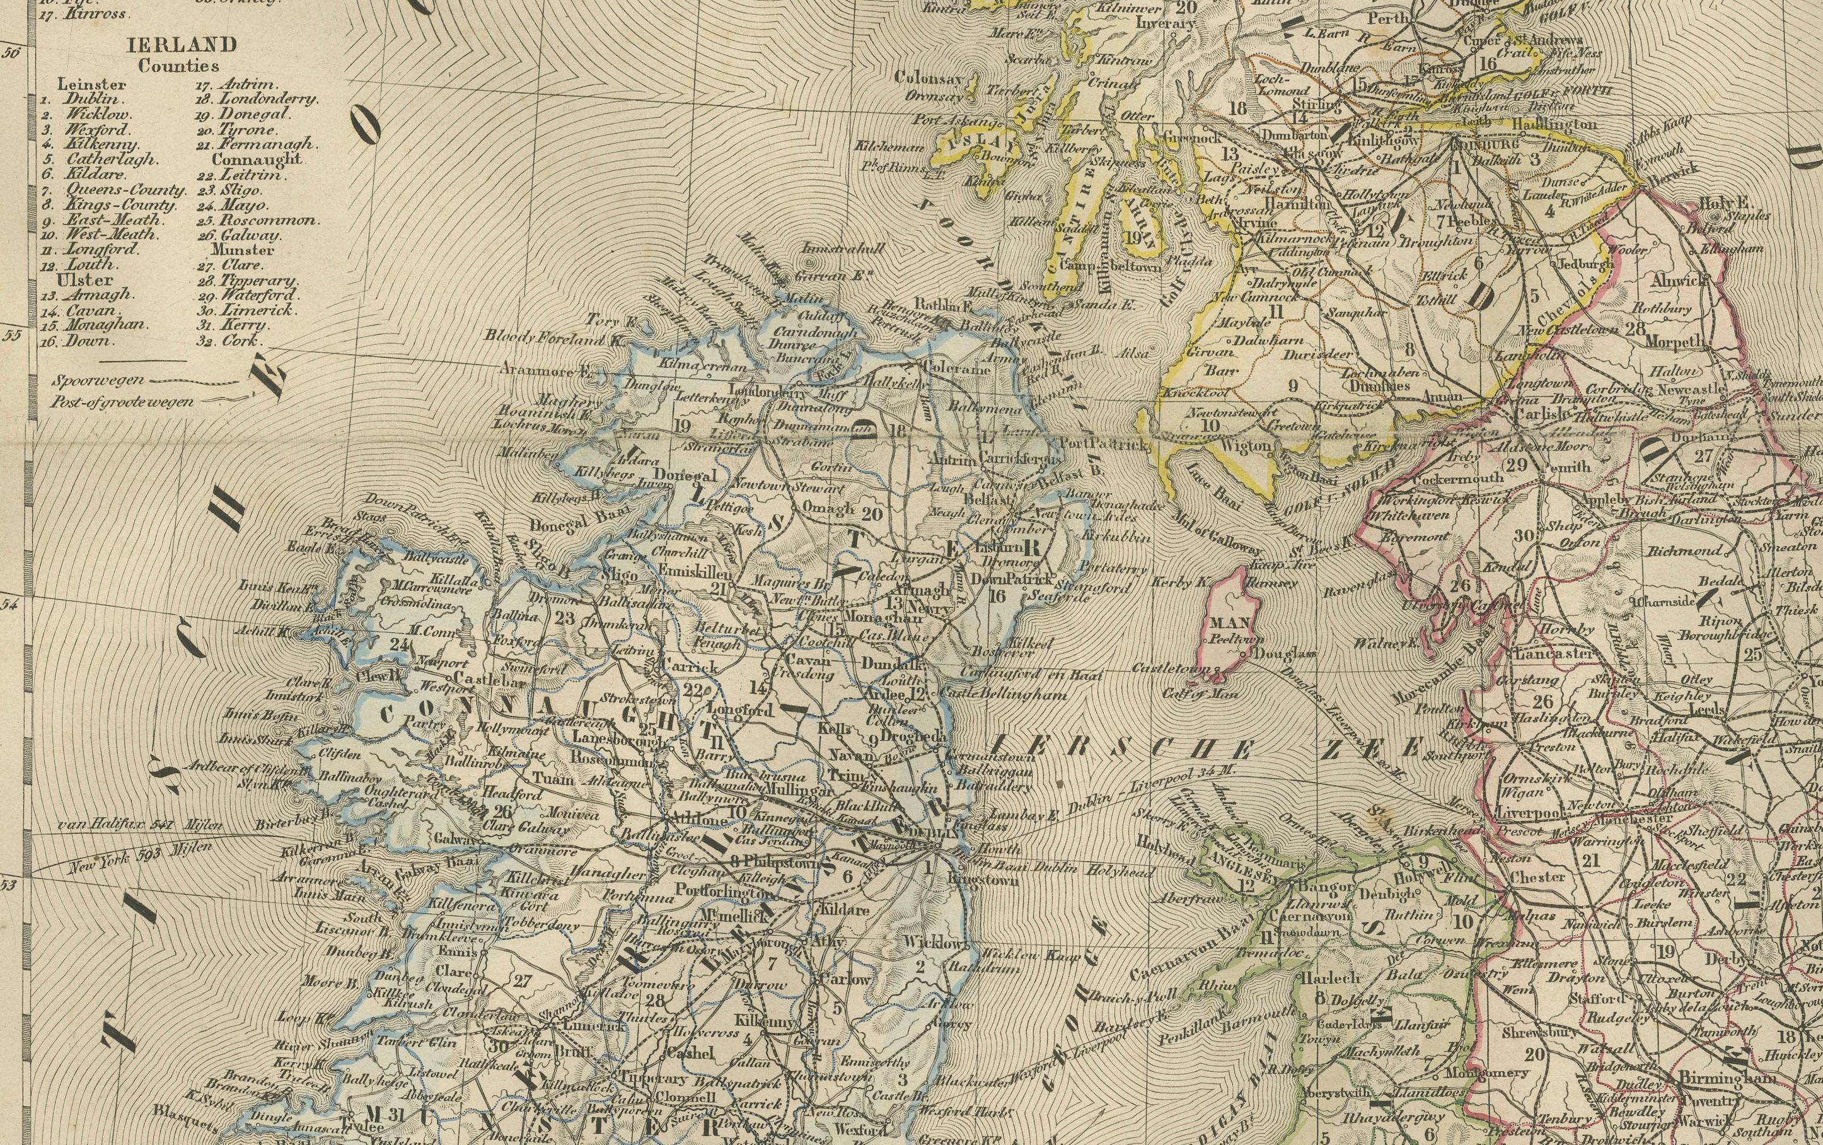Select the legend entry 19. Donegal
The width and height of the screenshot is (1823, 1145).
pos(253,114)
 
